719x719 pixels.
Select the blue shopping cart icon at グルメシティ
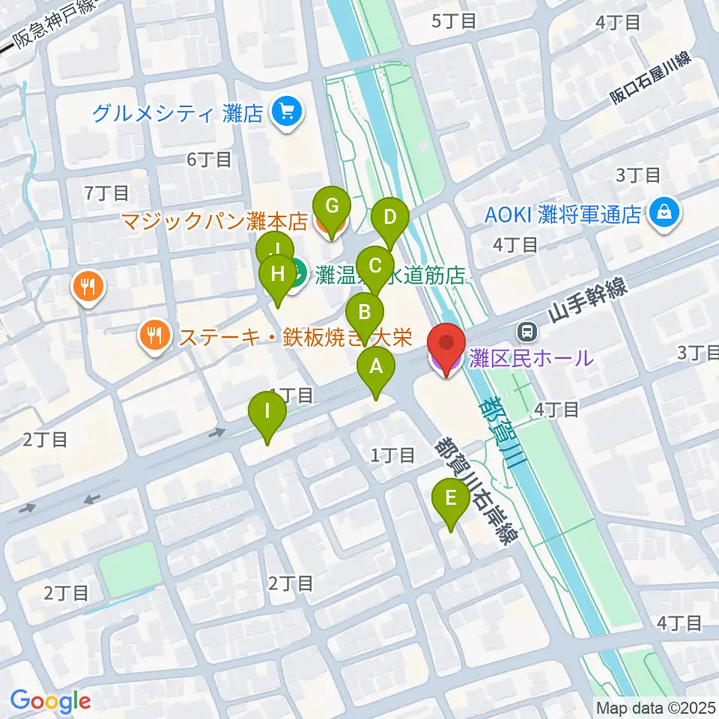click(286, 113)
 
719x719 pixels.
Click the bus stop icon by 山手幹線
click(527, 330)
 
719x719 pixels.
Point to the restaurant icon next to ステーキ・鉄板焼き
click(155, 336)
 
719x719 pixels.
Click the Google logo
click(50, 701)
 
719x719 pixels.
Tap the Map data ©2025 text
click(655, 706)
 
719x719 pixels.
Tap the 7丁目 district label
click(108, 193)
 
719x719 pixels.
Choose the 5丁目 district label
click(454, 20)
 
